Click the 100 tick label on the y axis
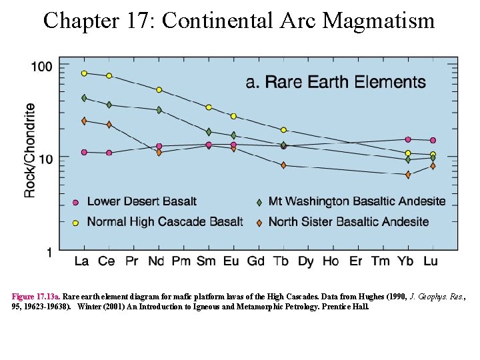41,67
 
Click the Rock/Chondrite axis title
30,150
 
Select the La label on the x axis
82,261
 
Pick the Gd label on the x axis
257,261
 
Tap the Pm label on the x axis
181,261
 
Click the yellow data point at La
84,73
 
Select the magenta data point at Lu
433,141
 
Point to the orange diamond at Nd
159,153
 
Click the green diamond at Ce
109,105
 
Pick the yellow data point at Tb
283,130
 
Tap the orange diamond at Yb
408,175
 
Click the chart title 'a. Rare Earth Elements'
335,82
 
